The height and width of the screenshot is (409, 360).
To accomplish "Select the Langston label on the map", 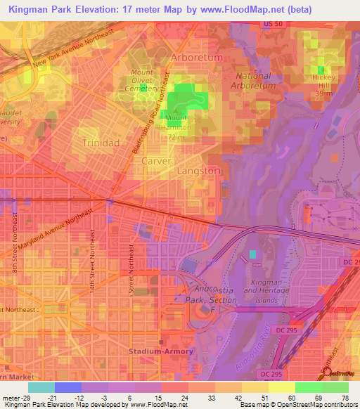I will (x=200, y=171).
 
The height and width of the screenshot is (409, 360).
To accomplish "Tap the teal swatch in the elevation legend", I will (x=41, y=387).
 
